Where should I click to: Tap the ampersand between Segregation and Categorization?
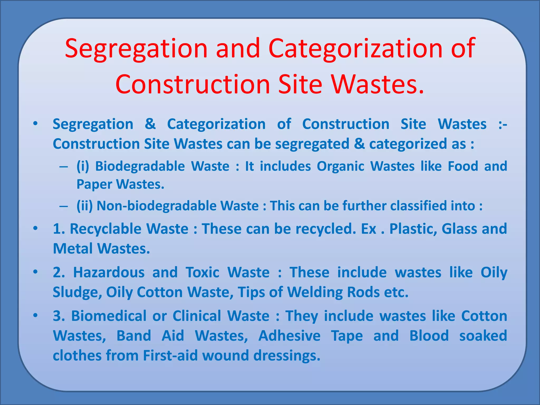[x=150, y=124]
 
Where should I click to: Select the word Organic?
[x=340, y=166]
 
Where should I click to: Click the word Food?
[x=463, y=166]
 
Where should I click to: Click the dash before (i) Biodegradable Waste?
[x=64, y=167]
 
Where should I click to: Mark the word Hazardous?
[x=109, y=272]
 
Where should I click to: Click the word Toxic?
[x=202, y=272]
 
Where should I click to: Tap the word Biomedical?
[x=109, y=316]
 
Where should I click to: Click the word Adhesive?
[x=289, y=336]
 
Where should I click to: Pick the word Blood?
[x=429, y=336]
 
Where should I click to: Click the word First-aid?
[x=170, y=356]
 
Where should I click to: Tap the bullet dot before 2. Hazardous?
[x=35, y=272]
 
